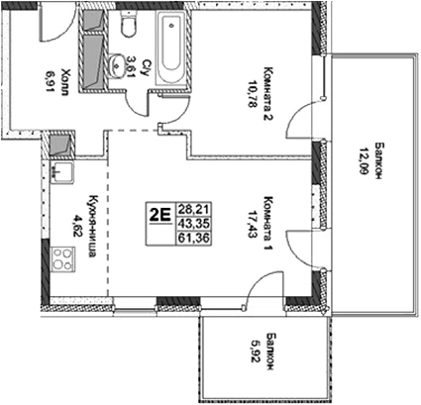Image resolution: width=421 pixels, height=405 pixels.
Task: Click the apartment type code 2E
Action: point(158,210)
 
